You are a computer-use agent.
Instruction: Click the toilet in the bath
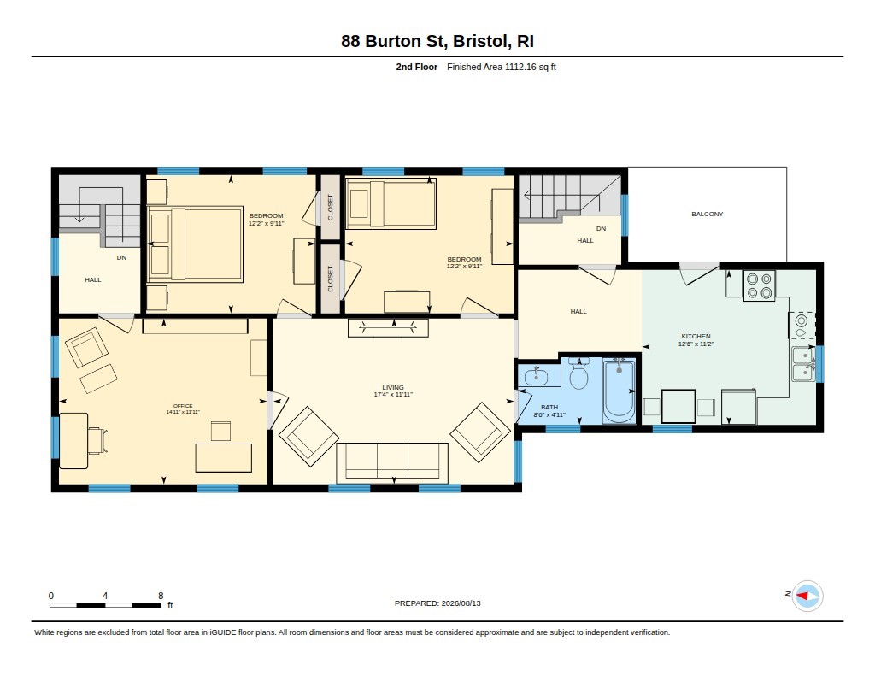(578, 373)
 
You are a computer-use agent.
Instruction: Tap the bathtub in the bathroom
(619, 391)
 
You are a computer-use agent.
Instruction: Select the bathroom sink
(537, 376)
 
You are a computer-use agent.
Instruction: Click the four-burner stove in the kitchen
(759, 285)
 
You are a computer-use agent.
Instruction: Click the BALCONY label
(707, 214)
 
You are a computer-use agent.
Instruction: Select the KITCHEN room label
(696, 336)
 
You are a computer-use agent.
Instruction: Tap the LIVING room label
(393, 387)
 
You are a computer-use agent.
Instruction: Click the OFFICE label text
(183, 406)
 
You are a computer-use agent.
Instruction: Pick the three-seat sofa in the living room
(392, 462)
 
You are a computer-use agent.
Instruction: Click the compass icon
(807, 596)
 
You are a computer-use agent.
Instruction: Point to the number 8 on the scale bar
(161, 596)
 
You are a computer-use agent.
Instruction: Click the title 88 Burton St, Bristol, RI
(437, 41)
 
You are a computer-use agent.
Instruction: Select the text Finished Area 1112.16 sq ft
(501, 67)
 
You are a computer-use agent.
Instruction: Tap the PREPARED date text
(437, 603)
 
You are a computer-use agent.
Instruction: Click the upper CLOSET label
(330, 207)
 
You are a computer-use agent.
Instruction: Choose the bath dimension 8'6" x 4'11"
(549, 414)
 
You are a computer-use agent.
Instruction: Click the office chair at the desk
(96, 440)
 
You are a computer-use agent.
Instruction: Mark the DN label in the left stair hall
(121, 258)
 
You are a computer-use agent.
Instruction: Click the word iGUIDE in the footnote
(222, 632)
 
